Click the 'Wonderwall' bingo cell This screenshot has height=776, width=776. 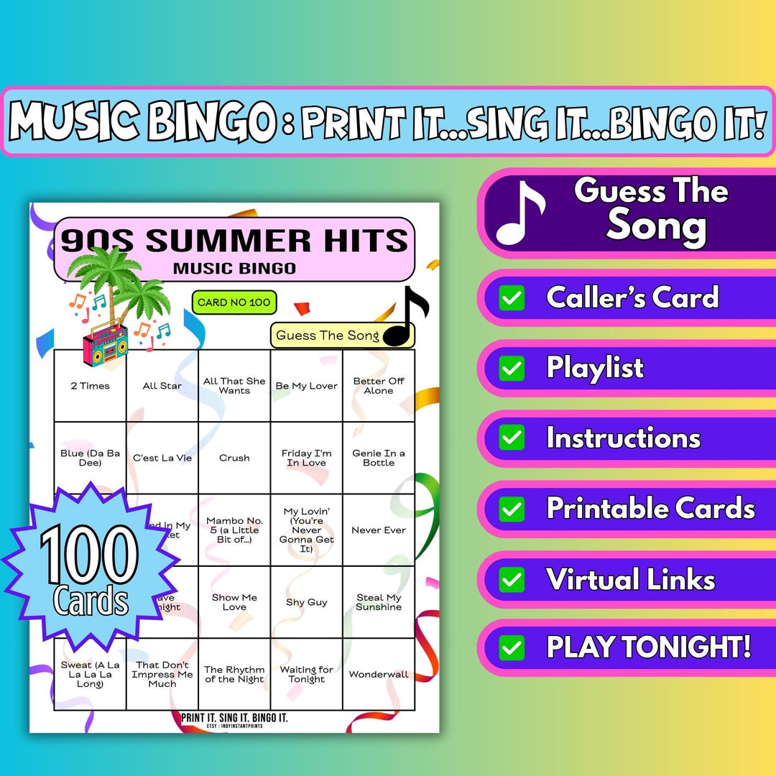point(378,674)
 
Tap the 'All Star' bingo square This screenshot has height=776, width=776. point(162,386)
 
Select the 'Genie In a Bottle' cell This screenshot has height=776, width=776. point(378,458)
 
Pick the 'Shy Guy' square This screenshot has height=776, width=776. point(306,602)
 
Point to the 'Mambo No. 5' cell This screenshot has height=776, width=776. point(234,530)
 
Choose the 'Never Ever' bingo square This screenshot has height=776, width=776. point(378,530)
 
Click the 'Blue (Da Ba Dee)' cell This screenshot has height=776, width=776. point(90,458)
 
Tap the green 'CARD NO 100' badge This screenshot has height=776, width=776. point(234,302)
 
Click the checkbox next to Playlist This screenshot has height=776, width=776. point(512,369)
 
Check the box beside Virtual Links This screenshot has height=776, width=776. point(512,580)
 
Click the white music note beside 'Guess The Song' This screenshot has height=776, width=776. point(520,213)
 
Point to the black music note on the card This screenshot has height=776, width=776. point(407,316)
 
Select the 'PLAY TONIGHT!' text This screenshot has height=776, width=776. point(649,647)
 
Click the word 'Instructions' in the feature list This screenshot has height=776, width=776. point(623,438)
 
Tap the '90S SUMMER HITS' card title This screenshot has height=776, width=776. point(234,240)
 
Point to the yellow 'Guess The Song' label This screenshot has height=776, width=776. point(328,336)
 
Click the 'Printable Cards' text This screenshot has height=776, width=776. point(650,508)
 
